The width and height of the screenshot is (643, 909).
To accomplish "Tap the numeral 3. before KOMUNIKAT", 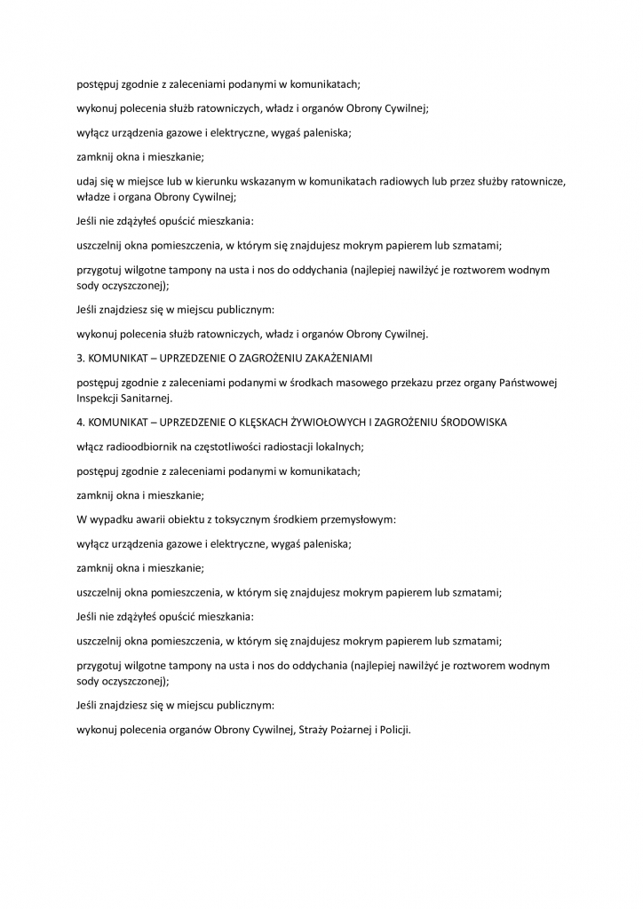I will pyautogui.click(x=81, y=358).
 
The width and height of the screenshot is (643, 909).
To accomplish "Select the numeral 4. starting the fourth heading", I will pyautogui.click(x=81, y=423).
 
